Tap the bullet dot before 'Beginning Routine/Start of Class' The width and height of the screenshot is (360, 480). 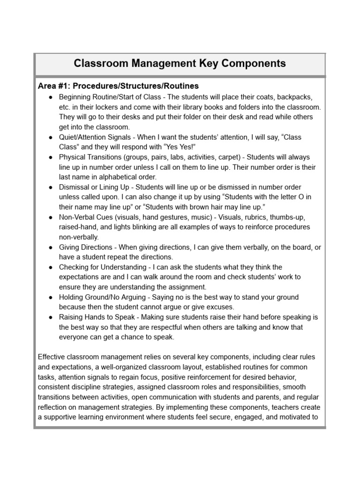coord(50,97)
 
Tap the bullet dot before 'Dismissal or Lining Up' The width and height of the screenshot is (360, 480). coord(50,187)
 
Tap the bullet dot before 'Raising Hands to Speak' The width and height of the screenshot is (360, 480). coord(50,317)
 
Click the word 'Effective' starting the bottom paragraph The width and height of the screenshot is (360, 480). coord(52,357)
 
